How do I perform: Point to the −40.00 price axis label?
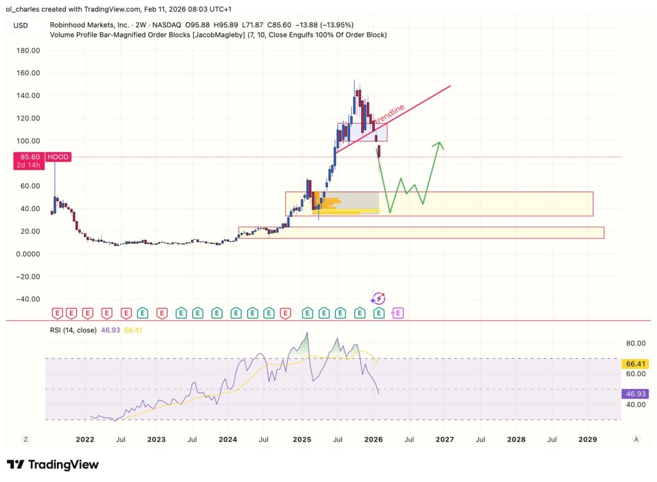pos(27,299)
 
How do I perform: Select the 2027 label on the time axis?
pos(445,440)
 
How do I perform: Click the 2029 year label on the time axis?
pos(587,440)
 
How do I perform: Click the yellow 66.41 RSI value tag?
pos(633,364)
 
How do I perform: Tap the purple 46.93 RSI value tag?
pos(633,395)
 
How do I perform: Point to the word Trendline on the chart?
pos(389,114)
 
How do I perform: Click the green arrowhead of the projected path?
pos(439,144)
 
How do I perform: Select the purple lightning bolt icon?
pos(379,298)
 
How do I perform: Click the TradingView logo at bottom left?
pos(53,464)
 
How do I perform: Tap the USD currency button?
pos(21,25)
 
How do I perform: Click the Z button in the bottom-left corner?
pos(26,440)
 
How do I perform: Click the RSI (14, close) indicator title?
pos(73,330)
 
